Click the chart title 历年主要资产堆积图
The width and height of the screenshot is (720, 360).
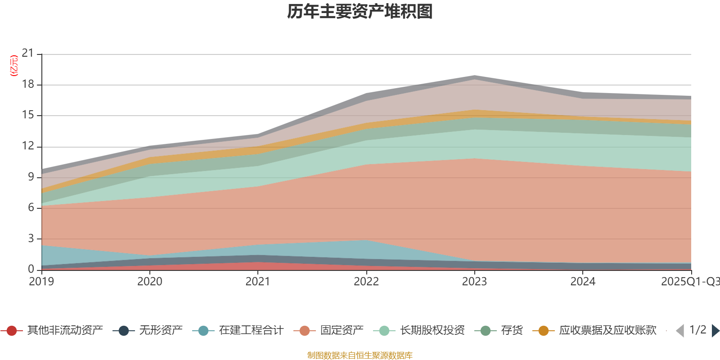tap(360, 12)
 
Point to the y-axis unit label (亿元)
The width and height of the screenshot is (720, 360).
tap(14, 66)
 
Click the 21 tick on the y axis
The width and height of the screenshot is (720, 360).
tap(28, 54)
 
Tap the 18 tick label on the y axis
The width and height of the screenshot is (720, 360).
tap(28, 85)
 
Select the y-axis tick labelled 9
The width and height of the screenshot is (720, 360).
tap(31, 177)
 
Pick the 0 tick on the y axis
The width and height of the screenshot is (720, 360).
tap(31, 269)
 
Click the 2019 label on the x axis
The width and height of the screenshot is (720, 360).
tap(41, 282)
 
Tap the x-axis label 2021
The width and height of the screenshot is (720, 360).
tap(258, 282)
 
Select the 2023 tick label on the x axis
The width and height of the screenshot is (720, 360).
tap(474, 282)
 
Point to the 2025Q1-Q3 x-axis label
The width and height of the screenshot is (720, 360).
tap(690, 282)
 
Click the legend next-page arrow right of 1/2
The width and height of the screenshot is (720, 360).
tap(715, 331)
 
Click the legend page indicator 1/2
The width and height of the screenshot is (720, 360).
tap(698, 330)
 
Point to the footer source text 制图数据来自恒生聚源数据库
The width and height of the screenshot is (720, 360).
tap(360, 355)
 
